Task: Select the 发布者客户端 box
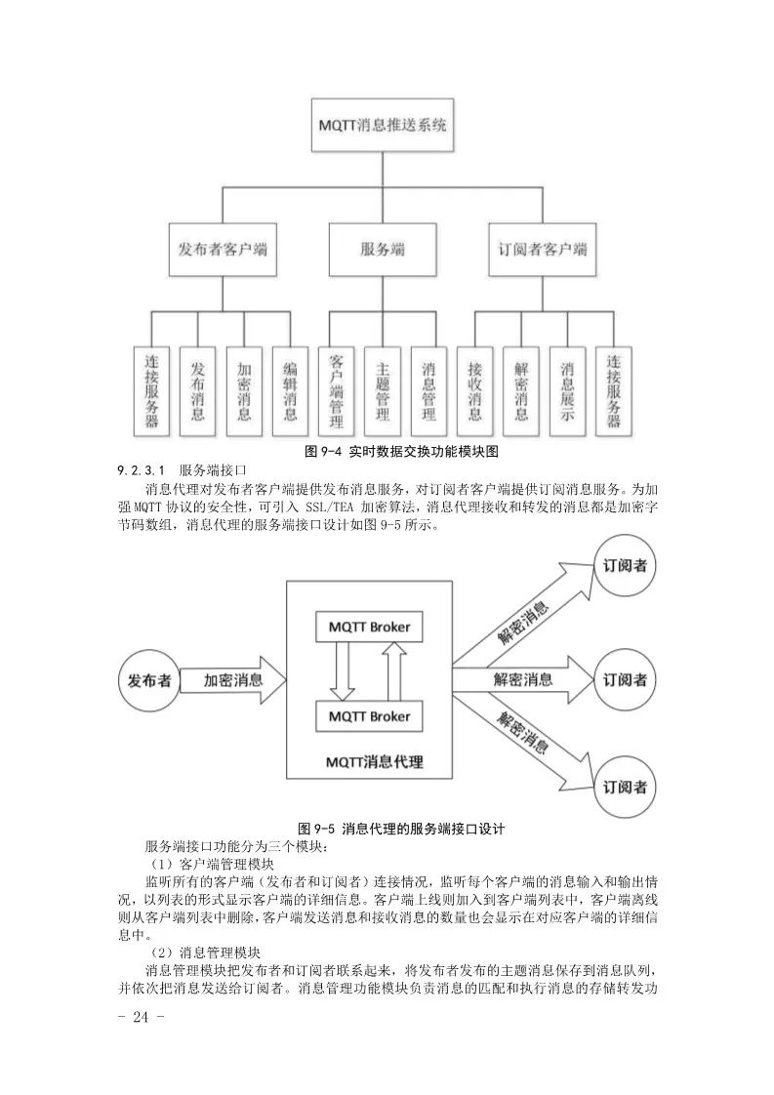[223, 250]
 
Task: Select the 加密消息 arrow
[232, 680]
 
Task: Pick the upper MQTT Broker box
[369, 626]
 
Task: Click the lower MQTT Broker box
[369, 716]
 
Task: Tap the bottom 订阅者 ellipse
[625, 787]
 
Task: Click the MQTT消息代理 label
[368, 762]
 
